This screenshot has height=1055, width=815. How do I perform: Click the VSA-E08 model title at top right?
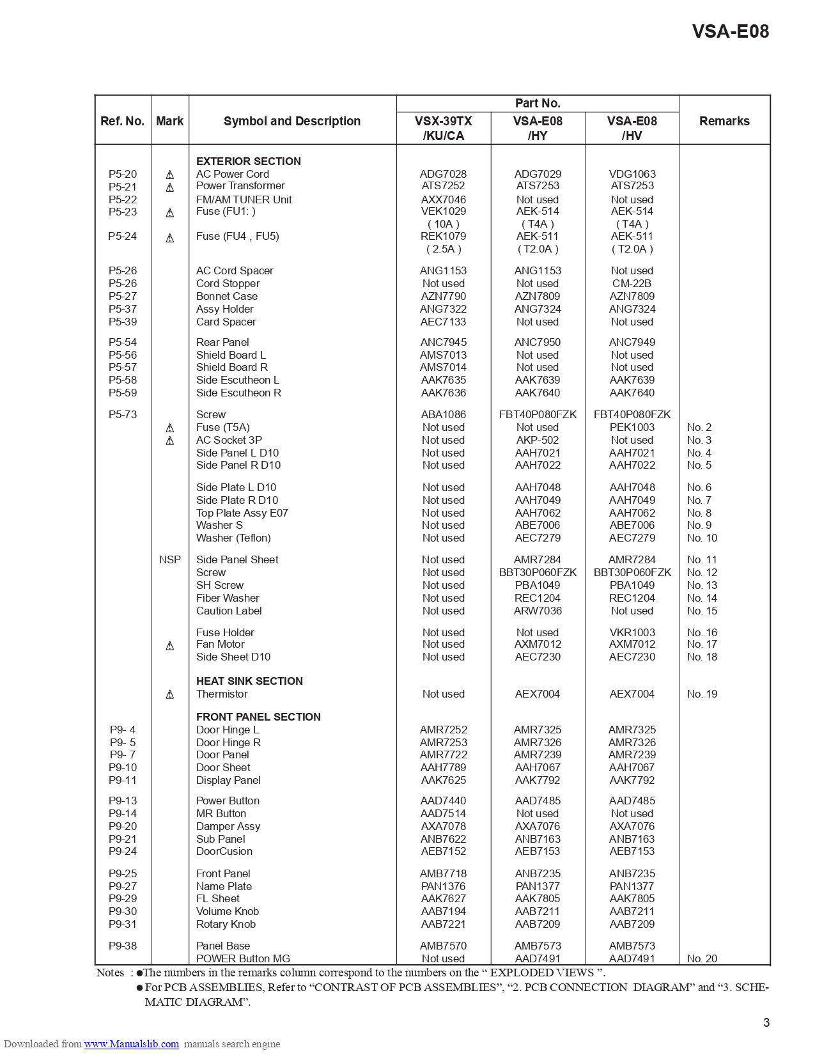point(730,31)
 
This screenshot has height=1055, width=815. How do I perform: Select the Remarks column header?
point(724,121)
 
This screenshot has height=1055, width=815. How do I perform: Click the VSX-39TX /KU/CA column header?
point(443,128)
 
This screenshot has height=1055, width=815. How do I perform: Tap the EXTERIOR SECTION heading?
point(248,161)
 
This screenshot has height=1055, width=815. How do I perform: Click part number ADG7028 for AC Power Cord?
point(443,174)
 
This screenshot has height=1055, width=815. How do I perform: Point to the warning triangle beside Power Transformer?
point(170,187)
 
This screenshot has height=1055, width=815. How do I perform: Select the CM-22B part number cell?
point(632,283)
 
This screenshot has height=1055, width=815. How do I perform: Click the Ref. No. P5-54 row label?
point(122,342)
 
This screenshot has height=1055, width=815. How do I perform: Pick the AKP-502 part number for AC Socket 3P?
point(537,440)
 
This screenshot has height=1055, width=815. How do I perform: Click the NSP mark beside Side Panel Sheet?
point(170,559)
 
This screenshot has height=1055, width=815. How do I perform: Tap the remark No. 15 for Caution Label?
point(702,611)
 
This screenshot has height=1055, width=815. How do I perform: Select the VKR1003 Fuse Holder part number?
point(632,632)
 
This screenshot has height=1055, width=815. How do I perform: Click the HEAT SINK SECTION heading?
point(249,681)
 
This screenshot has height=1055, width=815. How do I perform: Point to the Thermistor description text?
point(222,694)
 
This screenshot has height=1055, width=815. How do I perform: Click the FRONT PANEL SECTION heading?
point(258,717)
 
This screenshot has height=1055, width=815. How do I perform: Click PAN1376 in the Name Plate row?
point(443,886)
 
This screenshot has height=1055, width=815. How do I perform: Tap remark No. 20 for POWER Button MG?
point(702,958)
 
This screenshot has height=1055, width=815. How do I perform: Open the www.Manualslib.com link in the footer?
point(131,1043)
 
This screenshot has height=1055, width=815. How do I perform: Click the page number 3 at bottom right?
point(766,1022)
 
